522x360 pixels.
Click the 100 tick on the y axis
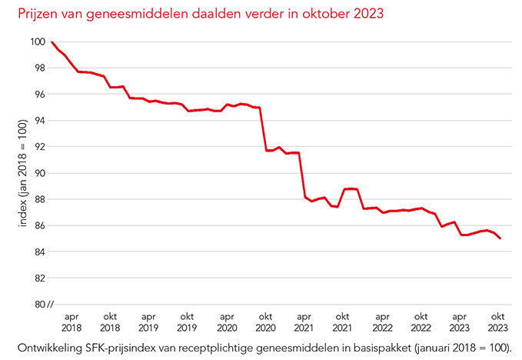pyautogui.click(x=36, y=42)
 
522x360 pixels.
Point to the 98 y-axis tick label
pyautogui.click(x=38, y=68)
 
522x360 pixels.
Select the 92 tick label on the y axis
pyautogui.click(x=38, y=146)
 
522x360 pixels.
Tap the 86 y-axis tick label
pyautogui.click(x=38, y=225)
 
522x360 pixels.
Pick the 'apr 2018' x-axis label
pyautogui.click(x=71, y=322)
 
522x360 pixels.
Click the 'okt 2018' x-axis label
pyautogui.click(x=110, y=322)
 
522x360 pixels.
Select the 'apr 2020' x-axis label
pyautogui.click(x=227, y=322)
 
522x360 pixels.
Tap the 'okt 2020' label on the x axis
pyautogui.click(x=266, y=322)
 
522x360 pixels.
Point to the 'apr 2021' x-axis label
pyautogui.click(x=304, y=322)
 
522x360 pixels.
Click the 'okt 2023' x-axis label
pyautogui.click(x=498, y=322)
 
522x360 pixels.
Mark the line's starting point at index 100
pyautogui.click(x=52, y=42)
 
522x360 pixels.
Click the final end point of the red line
pyautogui.click(x=500, y=238)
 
